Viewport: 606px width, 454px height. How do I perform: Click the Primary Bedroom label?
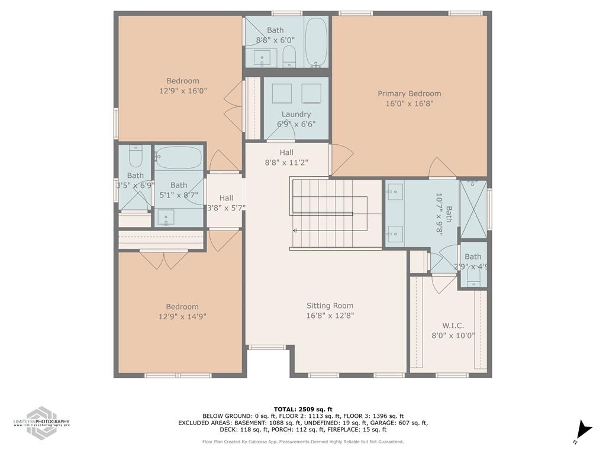pos(409,93)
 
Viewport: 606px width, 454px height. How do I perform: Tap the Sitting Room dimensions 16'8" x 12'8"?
pos(330,316)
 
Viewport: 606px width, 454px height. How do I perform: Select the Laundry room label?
pos(296,114)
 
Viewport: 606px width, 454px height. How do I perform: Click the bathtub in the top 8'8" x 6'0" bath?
pos(316,42)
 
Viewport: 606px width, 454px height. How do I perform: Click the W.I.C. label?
pos(453,326)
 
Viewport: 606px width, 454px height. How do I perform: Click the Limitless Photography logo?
pos(41,422)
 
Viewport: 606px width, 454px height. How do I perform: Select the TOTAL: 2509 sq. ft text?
pos(303,409)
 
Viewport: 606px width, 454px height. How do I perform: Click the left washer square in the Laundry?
pos(282,93)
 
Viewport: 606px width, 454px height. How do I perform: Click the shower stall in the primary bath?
pos(473,209)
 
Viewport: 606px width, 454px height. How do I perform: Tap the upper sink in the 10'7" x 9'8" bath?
pos(395,192)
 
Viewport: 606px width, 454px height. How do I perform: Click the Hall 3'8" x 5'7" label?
pos(226,203)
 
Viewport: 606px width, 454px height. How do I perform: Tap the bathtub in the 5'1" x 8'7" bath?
pos(179,158)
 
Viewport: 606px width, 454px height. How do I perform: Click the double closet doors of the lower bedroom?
pos(164,259)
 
